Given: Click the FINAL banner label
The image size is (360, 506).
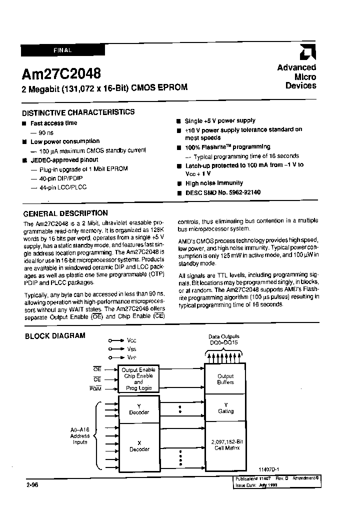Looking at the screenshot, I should [x=62, y=50].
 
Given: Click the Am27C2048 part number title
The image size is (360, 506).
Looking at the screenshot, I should [x=60, y=73].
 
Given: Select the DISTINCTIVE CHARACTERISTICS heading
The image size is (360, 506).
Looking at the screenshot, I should [x=78, y=112].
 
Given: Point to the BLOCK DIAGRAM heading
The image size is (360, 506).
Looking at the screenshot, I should [x=55, y=335].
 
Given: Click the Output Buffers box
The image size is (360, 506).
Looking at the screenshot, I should [x=225, y=379].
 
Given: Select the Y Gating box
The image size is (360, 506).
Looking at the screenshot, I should [x=225, y=408].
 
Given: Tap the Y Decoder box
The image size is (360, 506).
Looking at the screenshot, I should [x=139, y=409].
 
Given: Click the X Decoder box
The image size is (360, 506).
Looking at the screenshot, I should [x=139, y=446].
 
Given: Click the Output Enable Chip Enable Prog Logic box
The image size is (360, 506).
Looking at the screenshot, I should [x=138, y=379].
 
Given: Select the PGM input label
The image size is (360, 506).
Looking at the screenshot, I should [x=96, y=388].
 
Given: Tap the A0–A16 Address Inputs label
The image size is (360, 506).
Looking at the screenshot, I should [x=80, y=436].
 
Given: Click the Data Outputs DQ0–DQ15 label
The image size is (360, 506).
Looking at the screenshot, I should [x=223, y=339].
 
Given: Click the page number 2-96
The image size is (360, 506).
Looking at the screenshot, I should [x=31, y=485].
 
